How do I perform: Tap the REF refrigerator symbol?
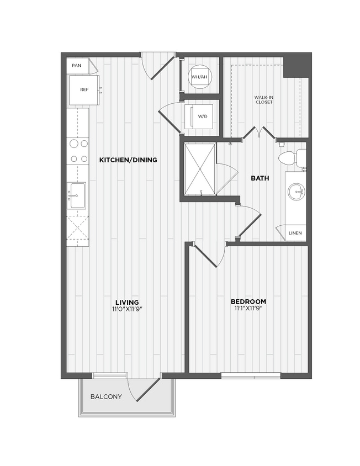pos(83,89)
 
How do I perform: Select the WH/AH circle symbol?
pos(199,77)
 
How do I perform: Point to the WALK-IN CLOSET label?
pos(263,100)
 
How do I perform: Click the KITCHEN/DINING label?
pos(128,160)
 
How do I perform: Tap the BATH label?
pos(260,178)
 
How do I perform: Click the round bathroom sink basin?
pos(295,193)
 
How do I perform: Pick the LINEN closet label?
pos(295,234)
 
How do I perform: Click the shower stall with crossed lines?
pos(200,168)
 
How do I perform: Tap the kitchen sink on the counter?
pos(77,195)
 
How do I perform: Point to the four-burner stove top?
pos(78,151)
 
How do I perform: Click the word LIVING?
pos(127,302)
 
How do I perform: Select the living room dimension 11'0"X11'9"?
pos(127,309)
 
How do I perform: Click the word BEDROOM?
pos(248,301)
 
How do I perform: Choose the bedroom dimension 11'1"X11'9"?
pos(248,309)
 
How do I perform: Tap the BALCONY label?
pos(106,396)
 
